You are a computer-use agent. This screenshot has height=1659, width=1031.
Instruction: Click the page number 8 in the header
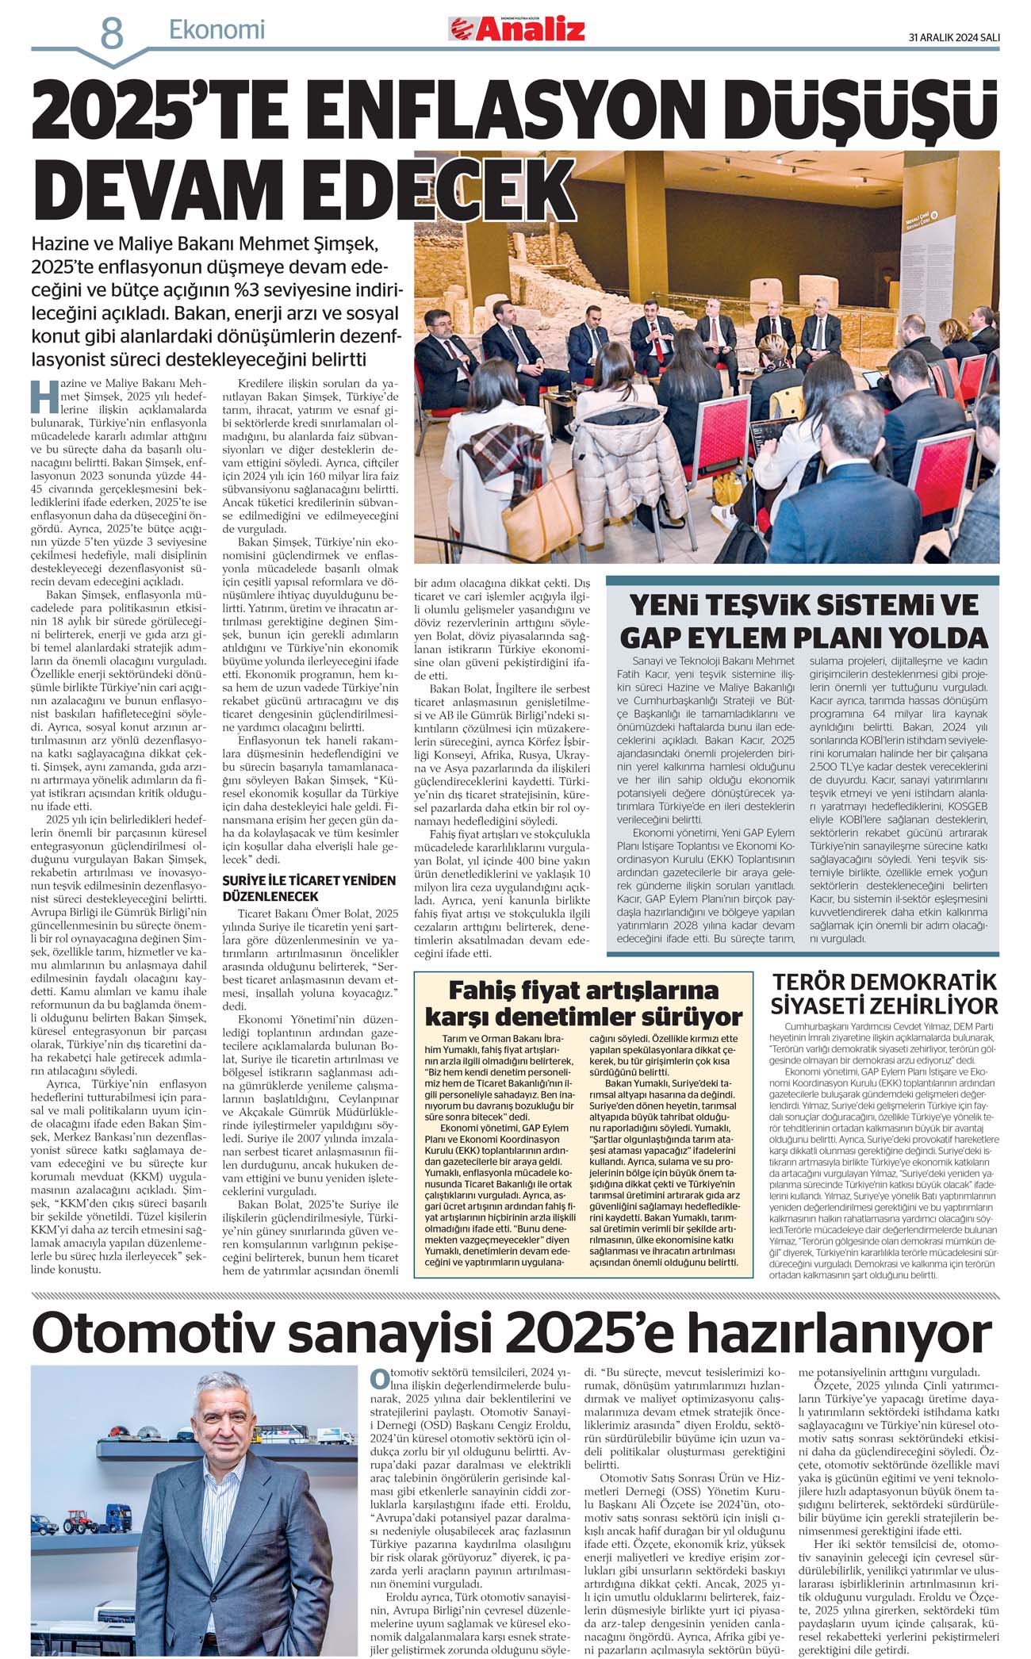(x=112, y=33)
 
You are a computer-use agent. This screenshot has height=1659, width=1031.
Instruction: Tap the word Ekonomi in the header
(x=217, y=30)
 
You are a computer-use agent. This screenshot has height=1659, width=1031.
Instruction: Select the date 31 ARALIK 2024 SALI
(x=953, y=37)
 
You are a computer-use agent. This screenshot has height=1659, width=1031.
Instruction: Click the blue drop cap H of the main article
(x=44, y=397)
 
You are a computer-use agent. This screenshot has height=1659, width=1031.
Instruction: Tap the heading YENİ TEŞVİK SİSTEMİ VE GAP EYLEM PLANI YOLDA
(x=803, y=621)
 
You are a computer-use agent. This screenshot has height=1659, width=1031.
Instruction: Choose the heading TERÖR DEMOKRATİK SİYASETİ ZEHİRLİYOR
(x=884, y=993)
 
